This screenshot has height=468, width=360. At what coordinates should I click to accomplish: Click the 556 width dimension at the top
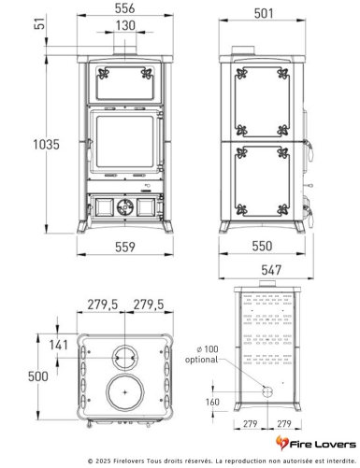tap(124, 8)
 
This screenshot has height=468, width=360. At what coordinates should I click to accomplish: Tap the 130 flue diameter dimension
tap(125, 25)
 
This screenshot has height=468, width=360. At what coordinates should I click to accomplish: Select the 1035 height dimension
tap(46, 145)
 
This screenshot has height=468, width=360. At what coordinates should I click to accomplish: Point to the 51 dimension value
tap(39, 23)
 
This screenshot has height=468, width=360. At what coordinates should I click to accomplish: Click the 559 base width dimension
tap(125, 247)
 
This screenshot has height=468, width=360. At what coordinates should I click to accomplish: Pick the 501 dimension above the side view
tap(264, 13)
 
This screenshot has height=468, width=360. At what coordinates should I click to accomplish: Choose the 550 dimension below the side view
tap(262, 246)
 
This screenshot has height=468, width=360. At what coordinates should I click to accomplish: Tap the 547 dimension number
tap(271, 270)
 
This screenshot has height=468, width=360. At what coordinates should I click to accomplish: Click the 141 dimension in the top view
tap(58, 345)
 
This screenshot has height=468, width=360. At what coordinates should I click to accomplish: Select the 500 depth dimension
tap(38, 376)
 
